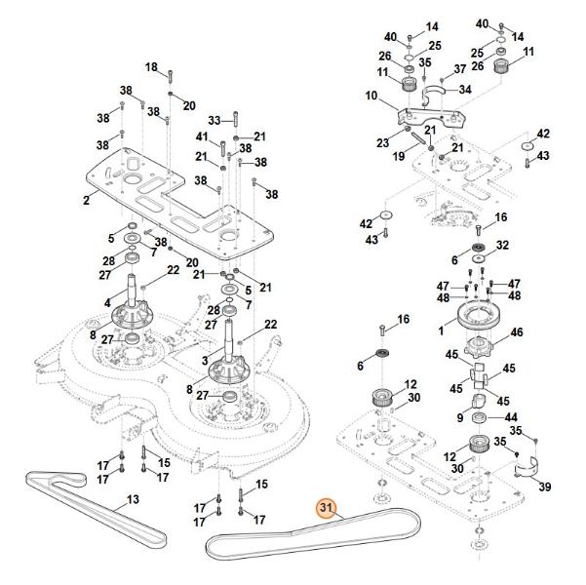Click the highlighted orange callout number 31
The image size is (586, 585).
tap(326, 507)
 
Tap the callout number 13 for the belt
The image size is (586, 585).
tap(133, 500)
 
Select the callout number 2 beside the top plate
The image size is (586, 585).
tap(86, 200)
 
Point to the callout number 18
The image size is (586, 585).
tap(151, 66)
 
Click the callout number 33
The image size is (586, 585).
tap(215, 120)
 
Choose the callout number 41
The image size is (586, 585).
tap(202, 136)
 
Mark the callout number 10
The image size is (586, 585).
tap(371, 95)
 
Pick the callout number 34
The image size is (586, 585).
tap(465, 90)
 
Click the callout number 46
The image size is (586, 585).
tap(517, 332)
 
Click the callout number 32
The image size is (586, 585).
tap(503, 245)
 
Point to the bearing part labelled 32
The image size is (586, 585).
tap(480, 246)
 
